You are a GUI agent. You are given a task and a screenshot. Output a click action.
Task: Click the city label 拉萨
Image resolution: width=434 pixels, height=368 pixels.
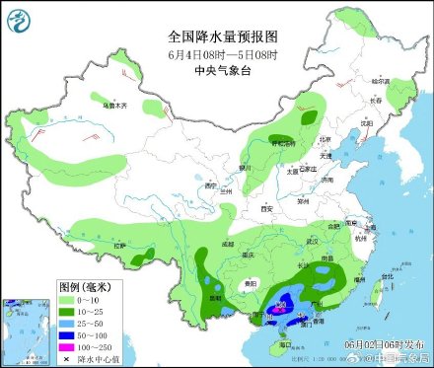[120, 245]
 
